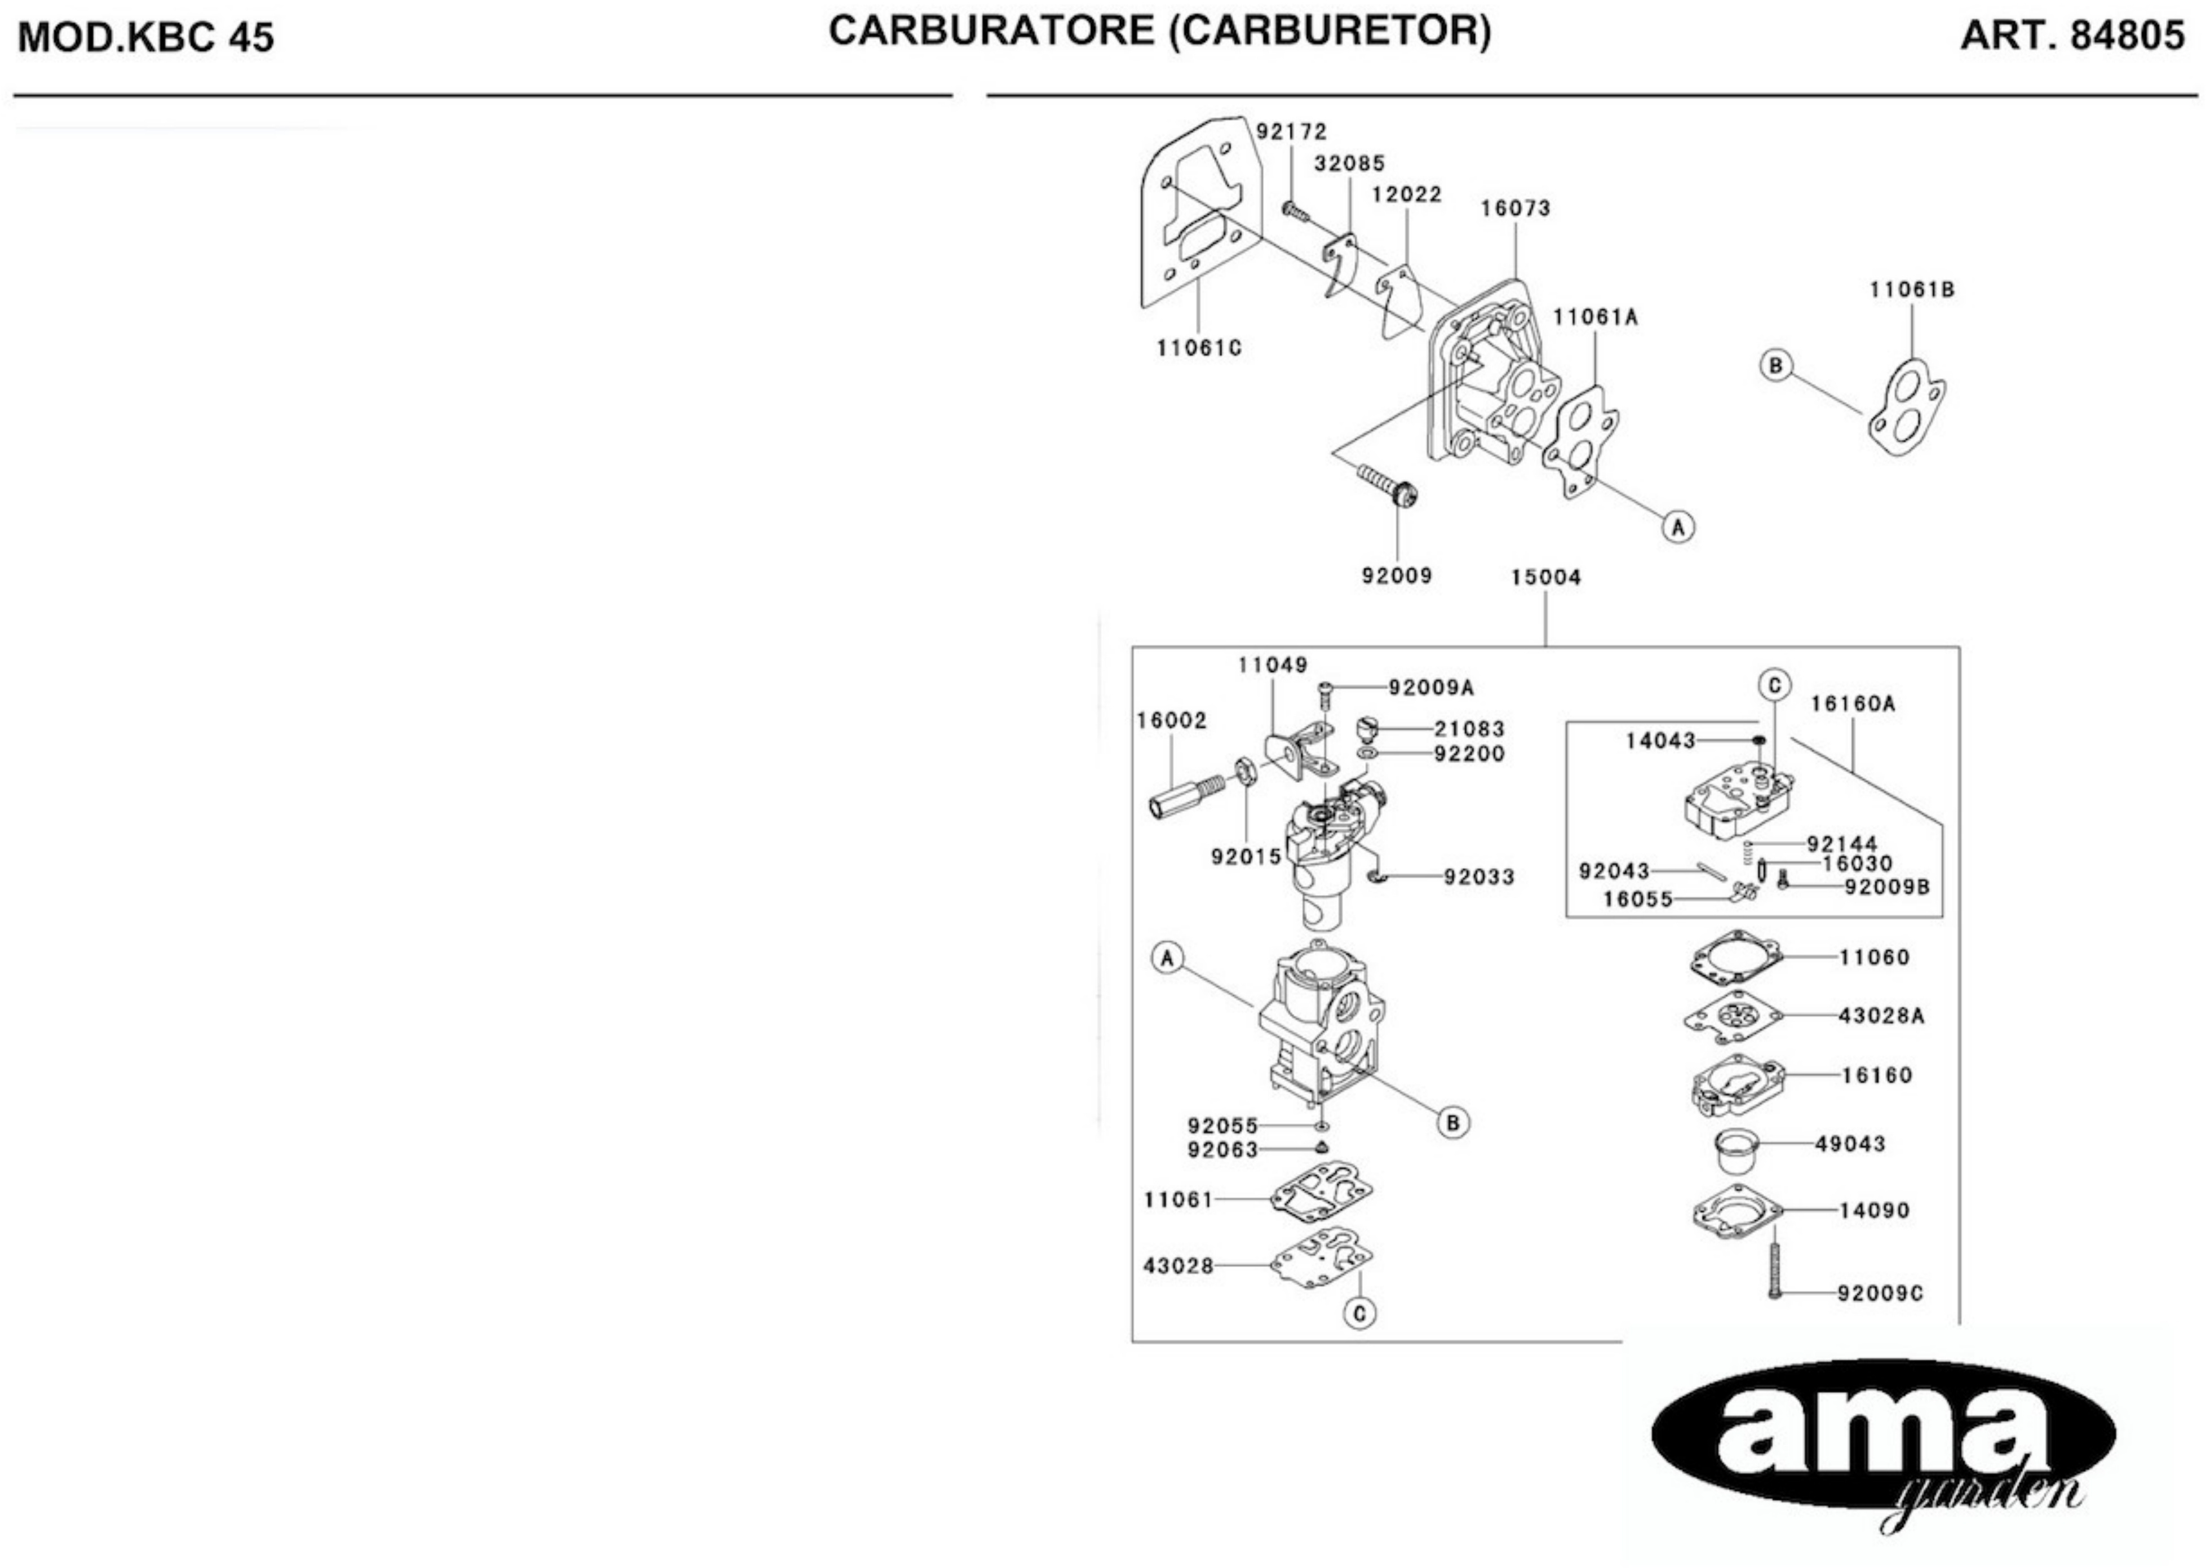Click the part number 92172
point(1291,131)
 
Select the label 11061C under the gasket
point(1199,348)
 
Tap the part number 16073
point(1516,209)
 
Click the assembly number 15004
point(1545,577)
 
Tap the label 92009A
point(1432,688)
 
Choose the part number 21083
point(1469,729)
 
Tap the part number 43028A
point(1881,1016)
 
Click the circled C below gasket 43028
point(1359,1313)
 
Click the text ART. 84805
point(2072,36)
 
